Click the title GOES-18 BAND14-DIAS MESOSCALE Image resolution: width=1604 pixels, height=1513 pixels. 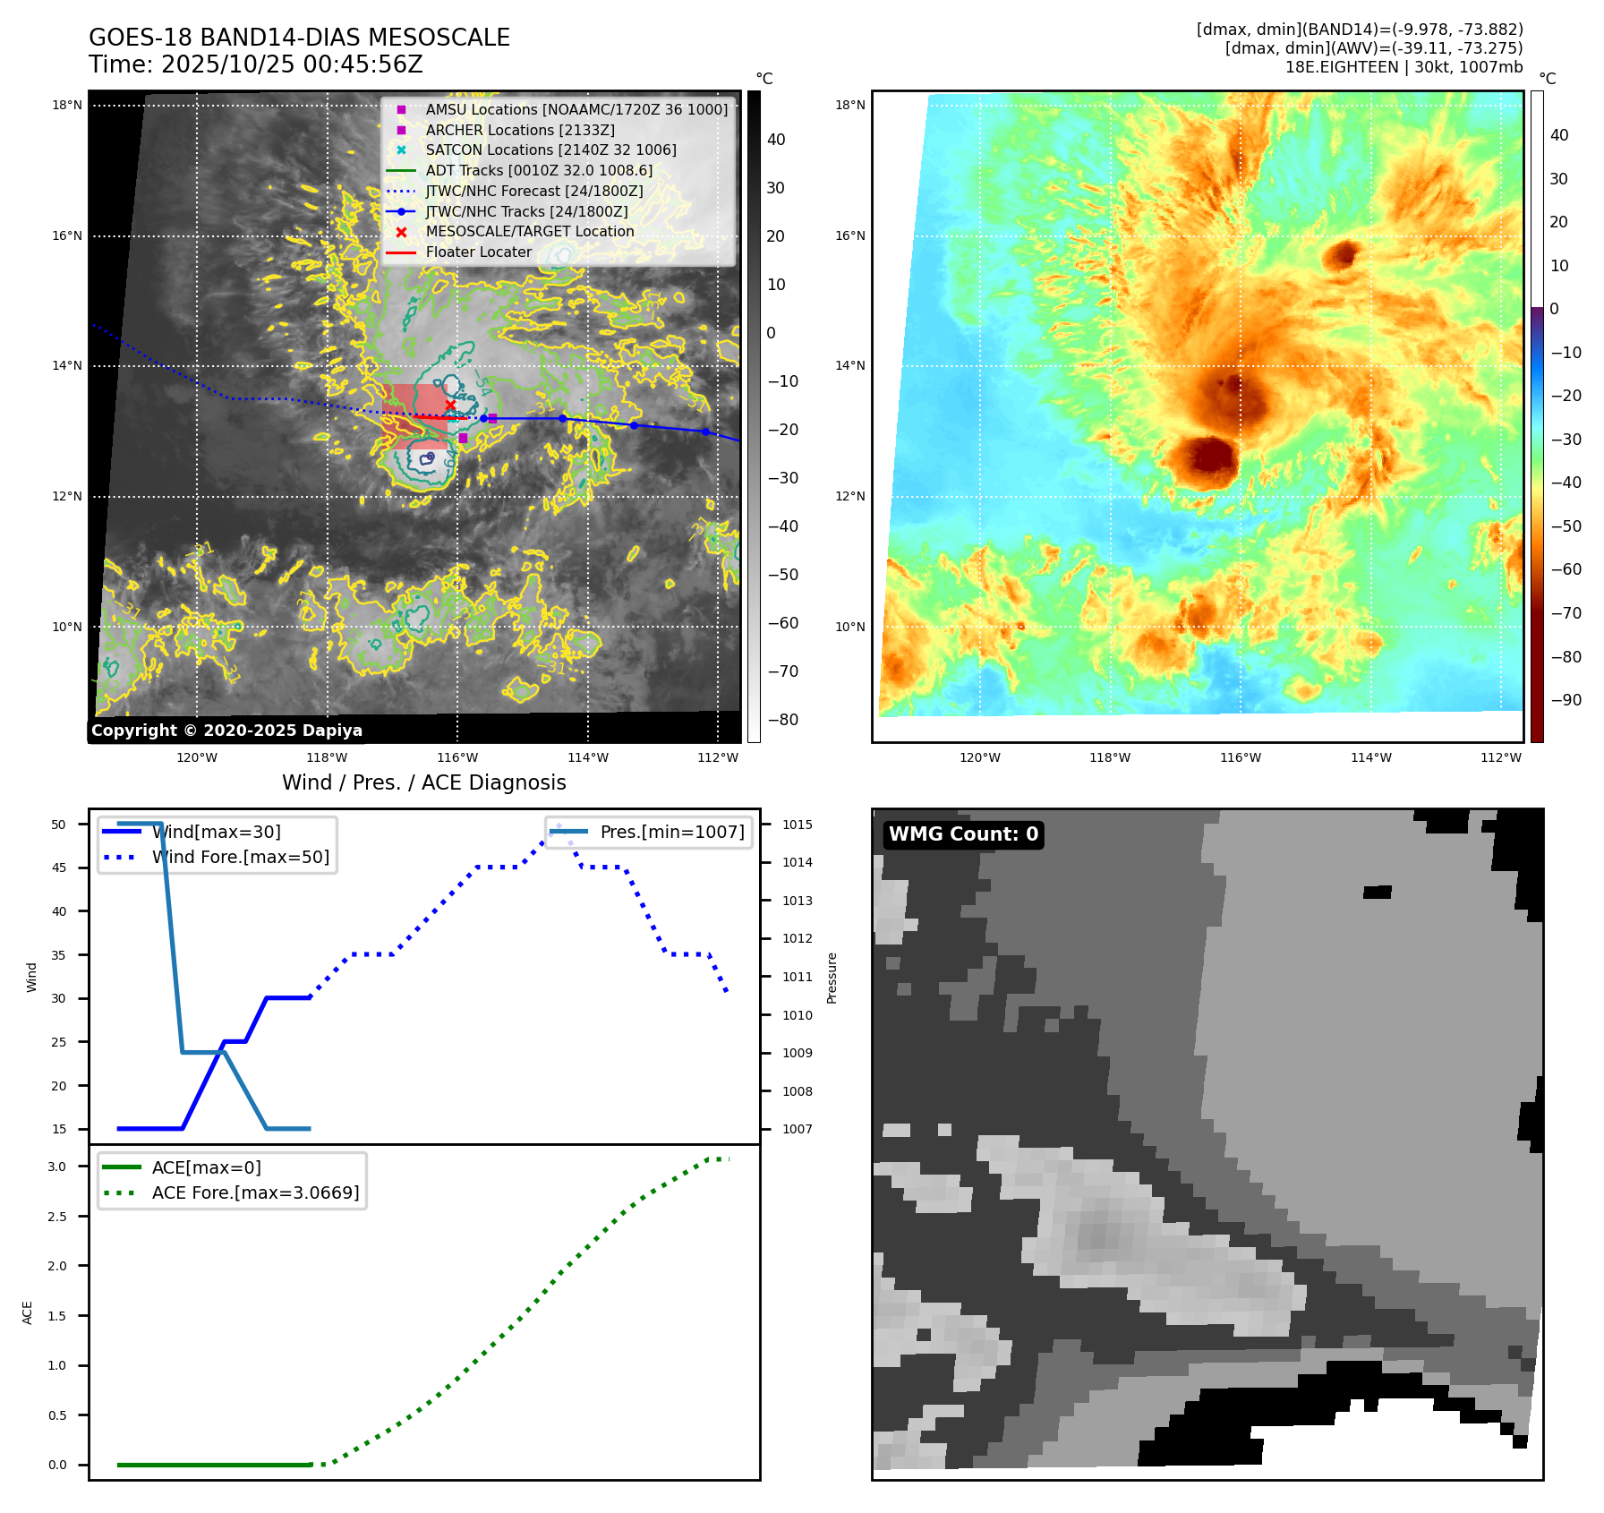point(299,38)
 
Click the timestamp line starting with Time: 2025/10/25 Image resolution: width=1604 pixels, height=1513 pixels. point(255,64)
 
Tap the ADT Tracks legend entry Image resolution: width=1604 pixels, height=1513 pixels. point(538,170)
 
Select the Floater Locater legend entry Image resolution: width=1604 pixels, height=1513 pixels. point(478,252)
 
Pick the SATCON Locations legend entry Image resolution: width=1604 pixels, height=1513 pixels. point(550,150)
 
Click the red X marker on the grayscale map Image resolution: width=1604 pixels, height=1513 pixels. point(450,406)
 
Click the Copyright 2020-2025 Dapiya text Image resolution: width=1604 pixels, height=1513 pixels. point(226,731)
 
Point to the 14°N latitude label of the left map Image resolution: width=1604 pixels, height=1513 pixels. point(67,365)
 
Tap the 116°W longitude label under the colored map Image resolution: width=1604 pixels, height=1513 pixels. point(1240,757)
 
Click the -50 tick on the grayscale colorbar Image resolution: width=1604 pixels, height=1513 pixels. point(782,575)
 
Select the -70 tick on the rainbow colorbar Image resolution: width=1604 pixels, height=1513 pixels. point(1566,613)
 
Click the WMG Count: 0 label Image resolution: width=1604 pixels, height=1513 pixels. point(963,834)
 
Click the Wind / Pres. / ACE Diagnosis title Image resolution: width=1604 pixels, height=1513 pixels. point(423,782)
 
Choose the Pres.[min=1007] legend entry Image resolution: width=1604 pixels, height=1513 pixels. point(671,832)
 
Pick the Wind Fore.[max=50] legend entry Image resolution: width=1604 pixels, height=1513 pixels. point(240,857)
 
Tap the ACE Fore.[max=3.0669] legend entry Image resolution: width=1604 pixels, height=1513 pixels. point(255,1192)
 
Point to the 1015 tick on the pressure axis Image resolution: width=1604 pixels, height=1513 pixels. point(797,825)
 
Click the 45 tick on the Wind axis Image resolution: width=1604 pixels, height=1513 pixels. point(58,868)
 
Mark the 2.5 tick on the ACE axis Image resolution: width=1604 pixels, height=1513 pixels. point(56,1217)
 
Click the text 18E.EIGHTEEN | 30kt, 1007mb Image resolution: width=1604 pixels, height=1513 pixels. point(1403,67)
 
